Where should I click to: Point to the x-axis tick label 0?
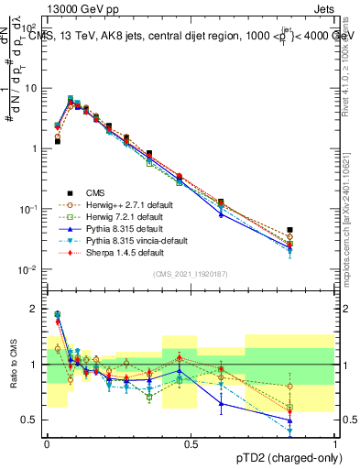(x=47, y=444)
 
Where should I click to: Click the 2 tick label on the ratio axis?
(x=36, y=309)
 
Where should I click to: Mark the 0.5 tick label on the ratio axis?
(x=32, y=420)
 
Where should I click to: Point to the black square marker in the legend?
(x=69, y=192)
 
